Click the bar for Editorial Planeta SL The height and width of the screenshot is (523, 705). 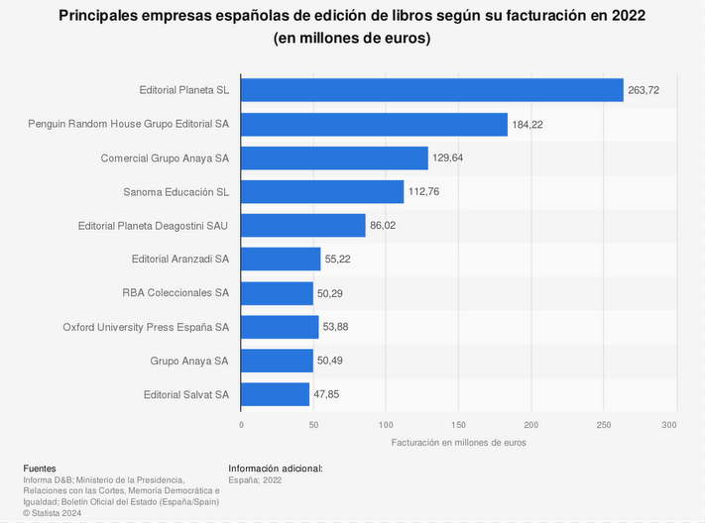(431, 90)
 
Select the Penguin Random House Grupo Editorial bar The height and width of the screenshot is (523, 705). (374, 124)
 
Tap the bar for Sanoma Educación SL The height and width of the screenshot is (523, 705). (322, 191)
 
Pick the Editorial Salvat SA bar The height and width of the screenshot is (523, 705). (275, 394)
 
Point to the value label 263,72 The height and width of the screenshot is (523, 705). (644, 90)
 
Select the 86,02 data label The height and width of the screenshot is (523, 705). (385, 226)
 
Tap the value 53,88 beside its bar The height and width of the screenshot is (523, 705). (339, 327)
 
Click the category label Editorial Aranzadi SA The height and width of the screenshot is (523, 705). (179, 260)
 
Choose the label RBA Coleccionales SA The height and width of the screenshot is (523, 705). (176, 293)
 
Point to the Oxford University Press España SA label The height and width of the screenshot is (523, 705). (146, 327)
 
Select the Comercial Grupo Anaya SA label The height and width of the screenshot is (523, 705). (165, 158)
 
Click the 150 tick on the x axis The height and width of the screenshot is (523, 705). (458, 424)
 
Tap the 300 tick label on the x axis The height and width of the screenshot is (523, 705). (669, 424)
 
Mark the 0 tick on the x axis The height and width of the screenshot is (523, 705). (241, 424)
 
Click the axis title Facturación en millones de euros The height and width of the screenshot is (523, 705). (458, 442)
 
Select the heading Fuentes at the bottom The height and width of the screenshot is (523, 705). (40, 469)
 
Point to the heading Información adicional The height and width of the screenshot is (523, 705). (276, 469)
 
